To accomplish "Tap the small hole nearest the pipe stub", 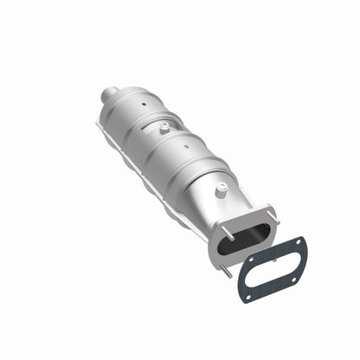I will tap(139, 104).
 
